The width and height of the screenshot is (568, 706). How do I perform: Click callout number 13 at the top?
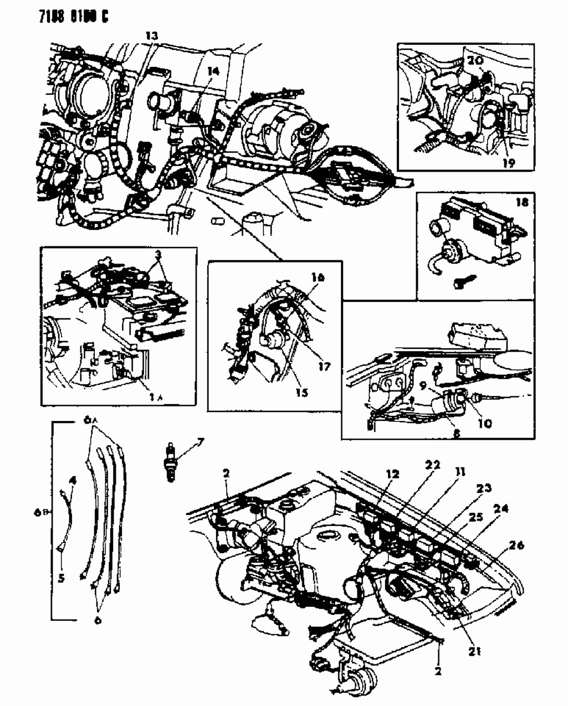pos(151,36)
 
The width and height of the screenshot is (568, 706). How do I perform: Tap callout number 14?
pos(213,71)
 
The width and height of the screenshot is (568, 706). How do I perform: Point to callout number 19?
pos(509,162)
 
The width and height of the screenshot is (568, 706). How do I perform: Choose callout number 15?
pos(301,393)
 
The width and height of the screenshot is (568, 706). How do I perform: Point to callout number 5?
pos(61,578)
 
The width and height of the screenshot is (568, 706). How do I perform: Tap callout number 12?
pos(392,474)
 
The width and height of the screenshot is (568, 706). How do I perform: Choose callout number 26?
pos(516,546)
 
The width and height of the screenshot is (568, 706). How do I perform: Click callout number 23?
pos(484,488)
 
